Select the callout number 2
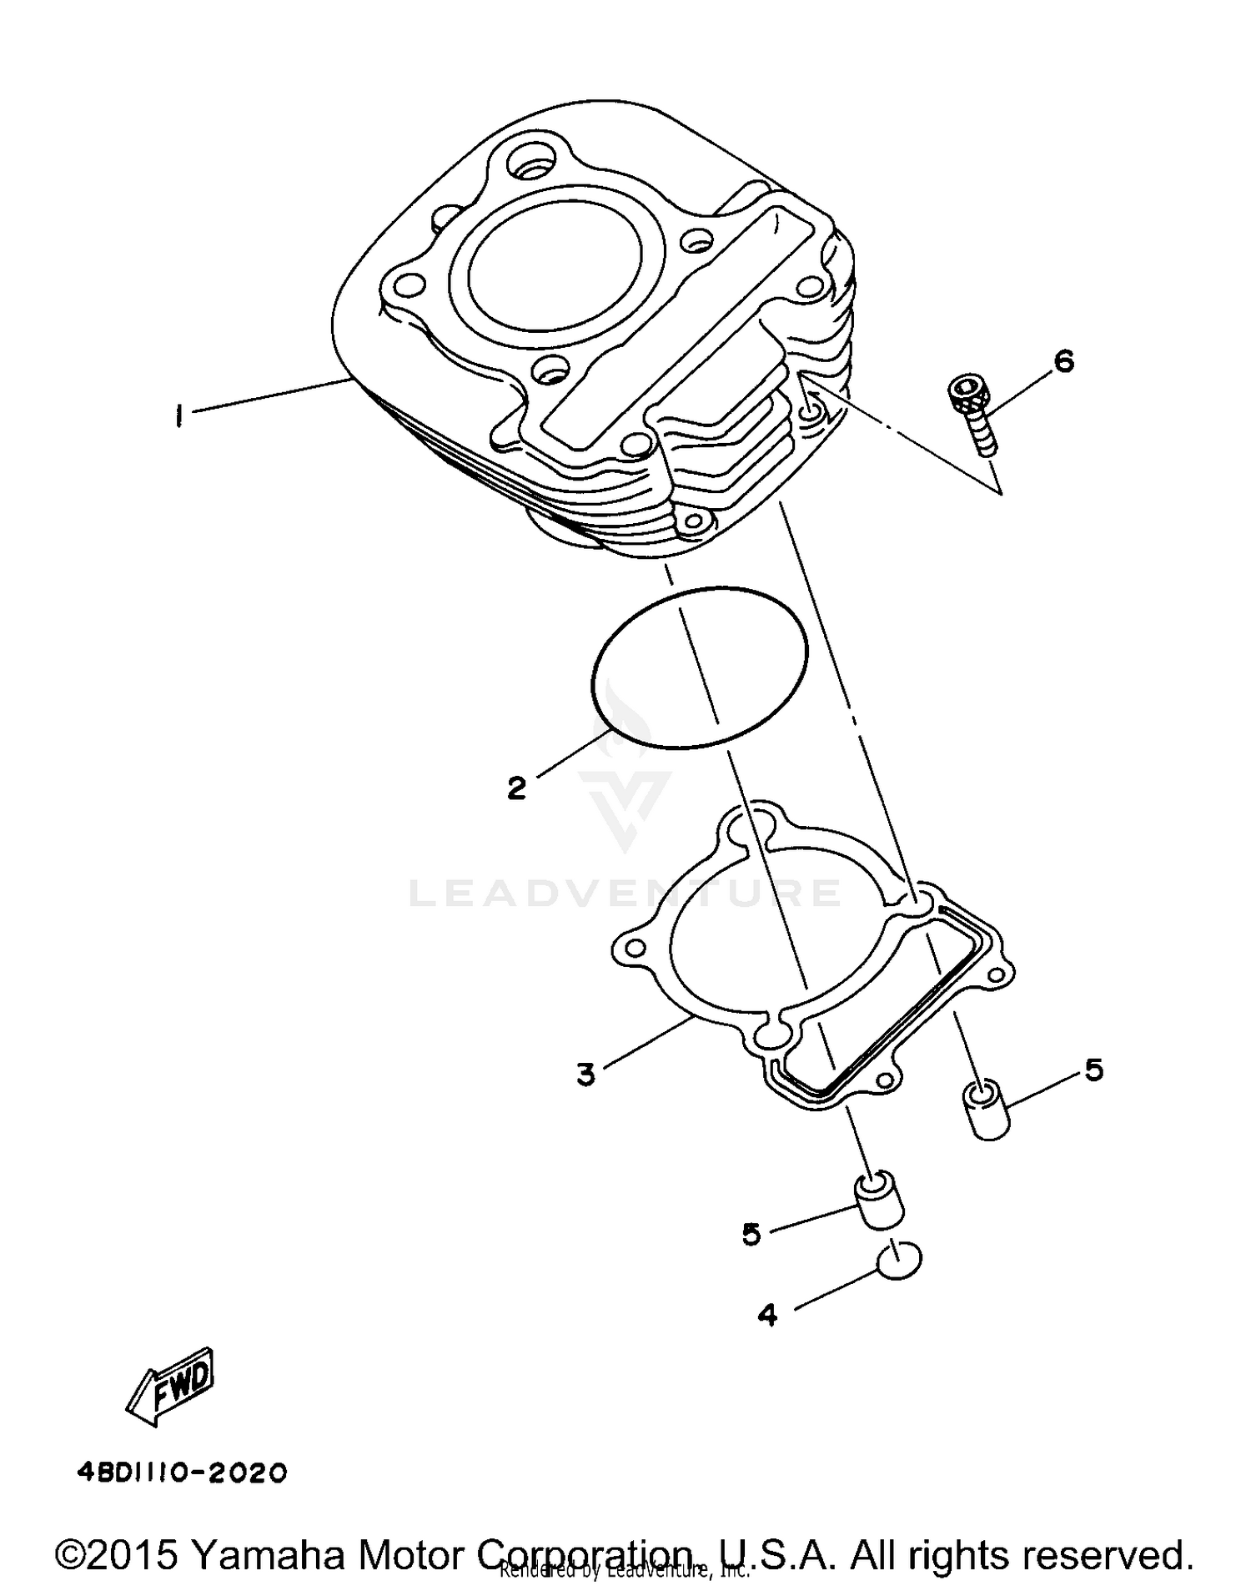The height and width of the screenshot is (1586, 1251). [516, 787]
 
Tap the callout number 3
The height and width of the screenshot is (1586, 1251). [585, 1074]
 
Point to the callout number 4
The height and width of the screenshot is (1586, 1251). [767, 1316]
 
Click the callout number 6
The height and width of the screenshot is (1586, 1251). [1063, 361]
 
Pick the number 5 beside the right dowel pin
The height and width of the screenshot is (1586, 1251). [1093, 1069]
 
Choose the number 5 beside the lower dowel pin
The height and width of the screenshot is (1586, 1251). [751, 1234]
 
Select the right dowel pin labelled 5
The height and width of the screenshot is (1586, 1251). [986, 1109]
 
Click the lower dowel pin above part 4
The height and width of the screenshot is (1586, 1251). [877, 1201]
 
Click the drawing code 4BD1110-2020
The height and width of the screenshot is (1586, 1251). [182, 1473]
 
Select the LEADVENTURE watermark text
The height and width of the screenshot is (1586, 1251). [625, 893]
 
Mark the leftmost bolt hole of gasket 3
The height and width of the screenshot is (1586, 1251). [636, 949]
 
